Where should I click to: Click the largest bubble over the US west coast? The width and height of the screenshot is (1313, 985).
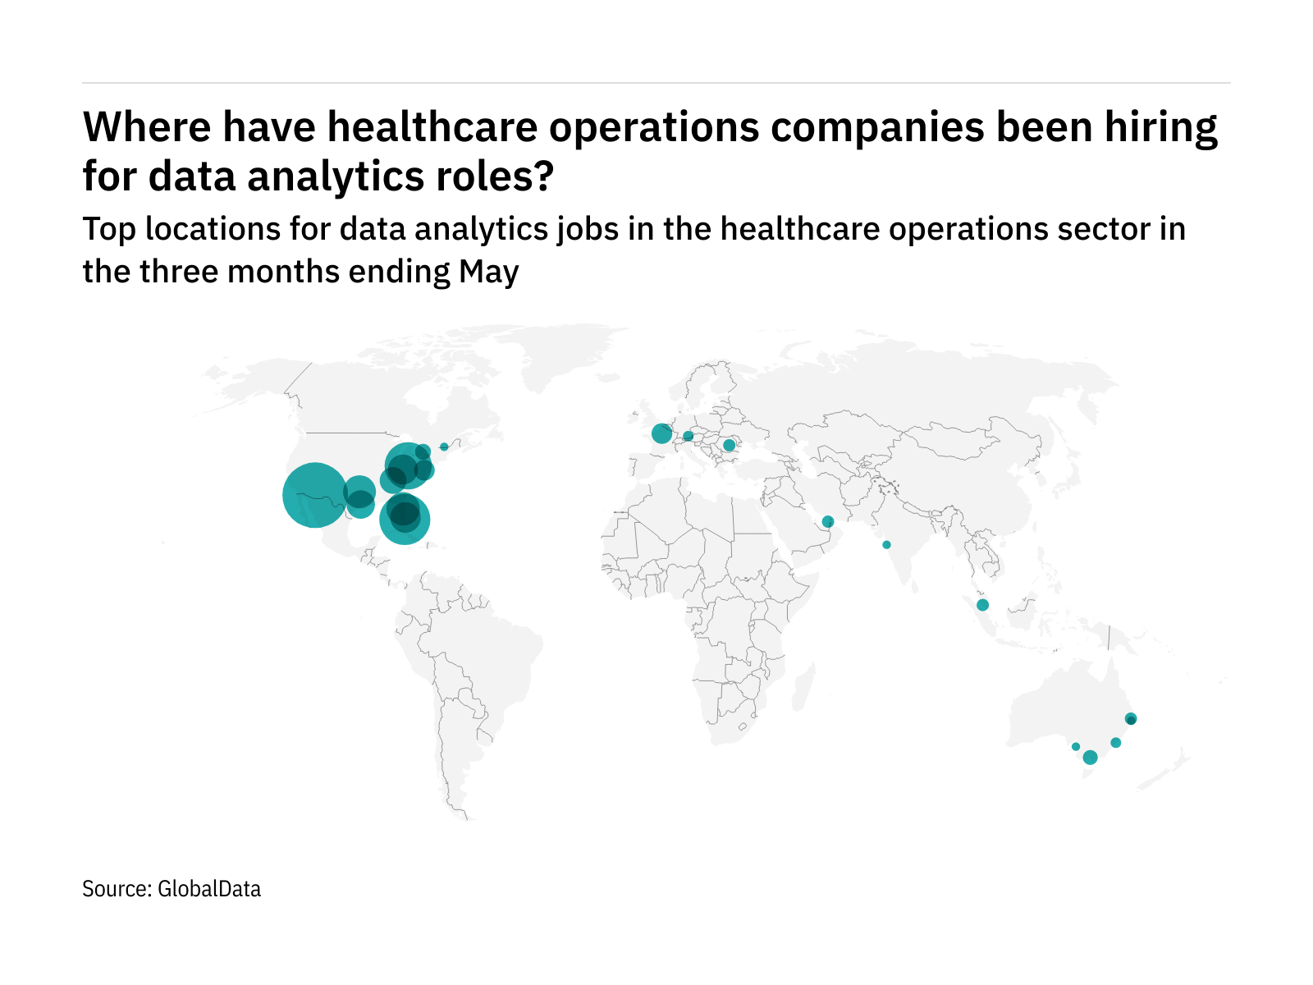(314, 494)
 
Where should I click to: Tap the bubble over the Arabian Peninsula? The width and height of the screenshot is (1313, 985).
(827, 521)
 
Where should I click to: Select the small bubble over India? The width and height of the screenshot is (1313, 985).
(886, 545)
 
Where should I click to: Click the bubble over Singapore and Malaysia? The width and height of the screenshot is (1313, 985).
(982, 605)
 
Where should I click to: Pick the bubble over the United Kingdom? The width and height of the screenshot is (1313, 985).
(661, 433)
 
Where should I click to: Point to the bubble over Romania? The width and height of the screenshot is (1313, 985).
(729, 445)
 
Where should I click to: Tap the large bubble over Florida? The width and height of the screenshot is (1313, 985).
(405, 519)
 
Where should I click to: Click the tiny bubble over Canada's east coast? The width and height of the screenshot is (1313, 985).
(444, 447)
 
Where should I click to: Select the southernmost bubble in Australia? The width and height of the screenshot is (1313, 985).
(1090, 758)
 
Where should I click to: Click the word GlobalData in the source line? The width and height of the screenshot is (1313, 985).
(209, 889)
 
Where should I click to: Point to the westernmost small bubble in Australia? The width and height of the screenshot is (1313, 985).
(1076, 746)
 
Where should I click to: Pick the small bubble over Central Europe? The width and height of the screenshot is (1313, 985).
(688, 436)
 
